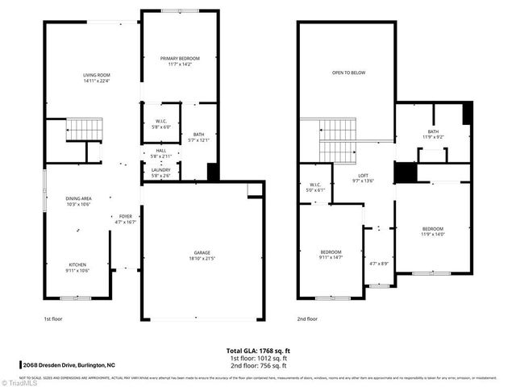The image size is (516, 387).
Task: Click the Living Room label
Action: (96, 77)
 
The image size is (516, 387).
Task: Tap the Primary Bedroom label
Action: (179, 61)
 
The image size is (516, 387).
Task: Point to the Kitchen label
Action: (77, 267)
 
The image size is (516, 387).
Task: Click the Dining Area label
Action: (78, 201)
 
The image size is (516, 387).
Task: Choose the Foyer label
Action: (125, 218)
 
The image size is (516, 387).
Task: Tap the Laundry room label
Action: (161, 173)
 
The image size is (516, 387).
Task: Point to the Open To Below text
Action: (348, 73)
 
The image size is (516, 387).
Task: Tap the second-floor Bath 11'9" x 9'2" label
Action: (433, 134)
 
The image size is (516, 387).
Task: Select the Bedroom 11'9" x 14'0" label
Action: (432, 231)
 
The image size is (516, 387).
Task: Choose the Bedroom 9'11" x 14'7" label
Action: (331, 255)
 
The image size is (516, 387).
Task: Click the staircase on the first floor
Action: (84, 128)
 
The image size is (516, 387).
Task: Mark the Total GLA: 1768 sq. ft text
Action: (258, 351)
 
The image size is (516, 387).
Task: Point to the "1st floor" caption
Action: (53, 319)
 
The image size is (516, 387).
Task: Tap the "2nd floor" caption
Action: (307, 319)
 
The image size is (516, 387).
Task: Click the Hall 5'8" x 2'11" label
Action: (161, 152)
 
